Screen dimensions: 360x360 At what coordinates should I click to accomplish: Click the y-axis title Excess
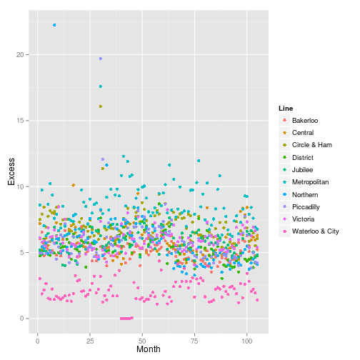[11, 171]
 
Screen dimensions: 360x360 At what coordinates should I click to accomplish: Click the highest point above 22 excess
[54, 25]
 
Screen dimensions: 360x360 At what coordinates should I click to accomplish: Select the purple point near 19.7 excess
[101, 59]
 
